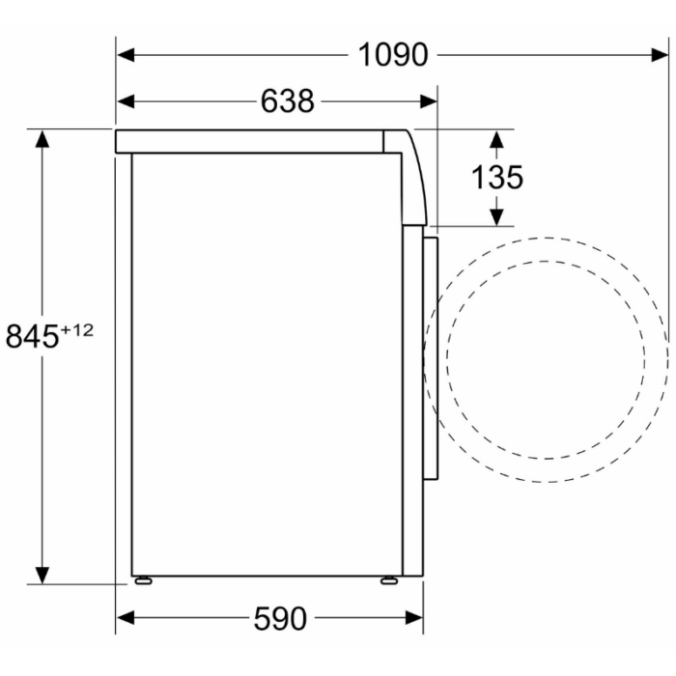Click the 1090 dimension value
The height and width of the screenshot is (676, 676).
tap(393, 55)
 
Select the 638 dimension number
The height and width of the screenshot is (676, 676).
tap(288, 101)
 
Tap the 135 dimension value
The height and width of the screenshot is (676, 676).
tap(497, 177)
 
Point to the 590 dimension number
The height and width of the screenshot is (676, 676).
tap(280, 619)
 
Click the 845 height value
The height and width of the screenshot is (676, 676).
tap(32, 336)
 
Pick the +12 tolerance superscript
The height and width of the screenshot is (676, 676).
tap(76, 330)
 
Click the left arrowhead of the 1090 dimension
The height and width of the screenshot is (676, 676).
tap(126, 55)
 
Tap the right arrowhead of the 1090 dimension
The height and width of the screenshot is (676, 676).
tap(660, 55)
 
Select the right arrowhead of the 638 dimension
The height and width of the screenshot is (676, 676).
tap(429, 101)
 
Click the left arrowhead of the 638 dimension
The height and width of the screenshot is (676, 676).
tap(126, 101)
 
